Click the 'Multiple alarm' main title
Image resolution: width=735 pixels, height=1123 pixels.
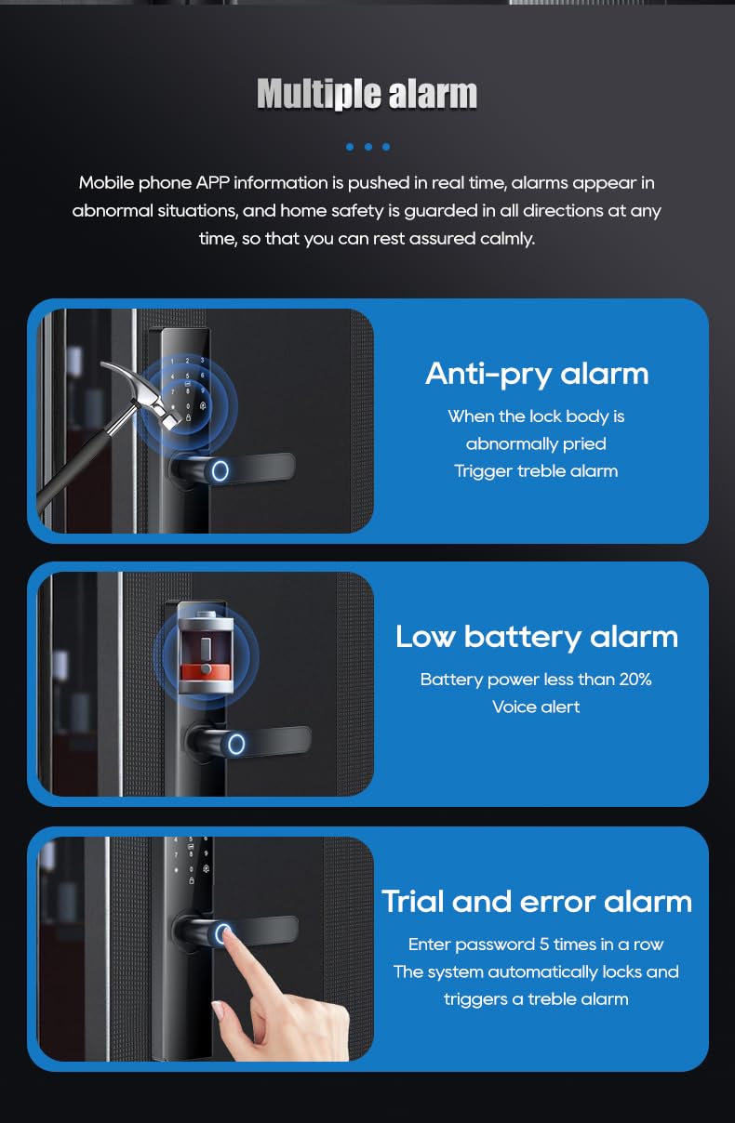point(367,95)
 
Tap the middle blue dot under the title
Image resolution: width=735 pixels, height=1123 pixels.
point(368,147)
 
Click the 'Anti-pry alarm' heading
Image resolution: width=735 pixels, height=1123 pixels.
point(537,373)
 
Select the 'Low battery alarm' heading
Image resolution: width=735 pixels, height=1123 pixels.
point(537,636)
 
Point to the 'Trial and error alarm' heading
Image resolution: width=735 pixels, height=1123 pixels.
point(537,901)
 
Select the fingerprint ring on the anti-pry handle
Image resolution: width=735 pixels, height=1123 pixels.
point(220,470)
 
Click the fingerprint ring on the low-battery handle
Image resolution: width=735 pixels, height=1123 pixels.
point(236,743)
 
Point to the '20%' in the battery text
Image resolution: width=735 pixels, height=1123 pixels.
point(635,680)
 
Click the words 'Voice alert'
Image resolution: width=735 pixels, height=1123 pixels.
point(536,707)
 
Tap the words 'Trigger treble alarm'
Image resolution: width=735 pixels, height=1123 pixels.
point(536,471)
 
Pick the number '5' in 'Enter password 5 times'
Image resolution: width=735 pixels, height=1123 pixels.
point(544,945)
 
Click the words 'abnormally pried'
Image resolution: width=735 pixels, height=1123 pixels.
point(536,443)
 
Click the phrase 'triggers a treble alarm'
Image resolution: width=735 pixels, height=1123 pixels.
point(536,999)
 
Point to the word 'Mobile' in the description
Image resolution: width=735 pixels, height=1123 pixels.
point(107,183)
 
